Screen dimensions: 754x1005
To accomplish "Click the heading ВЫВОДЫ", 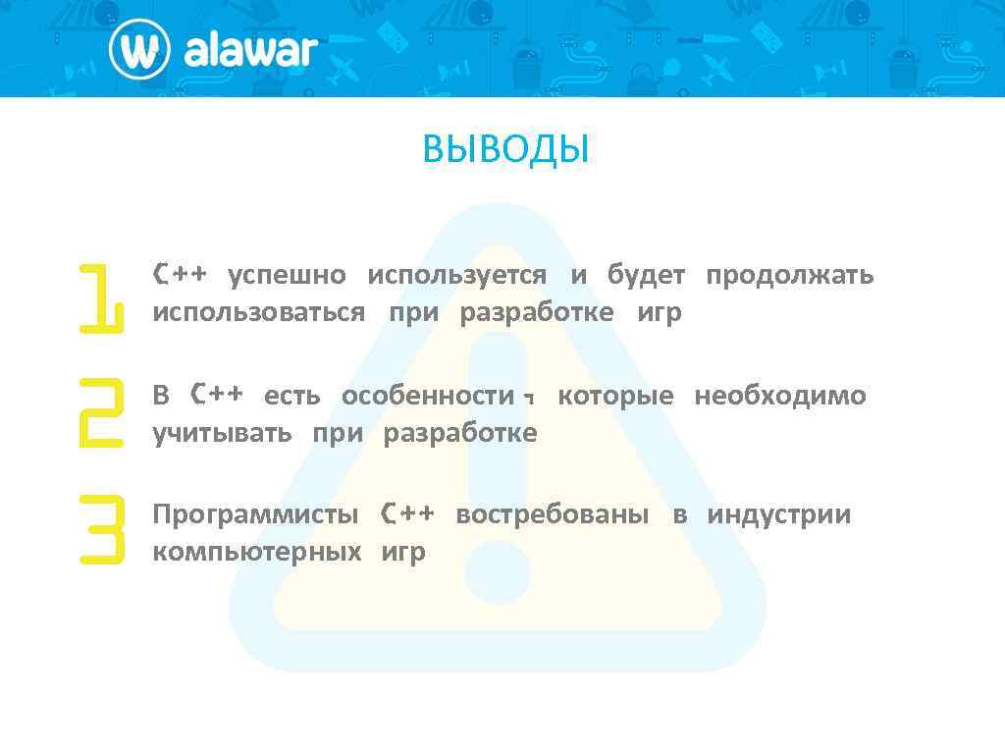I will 505,150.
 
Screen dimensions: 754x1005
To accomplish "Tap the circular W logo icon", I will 140,49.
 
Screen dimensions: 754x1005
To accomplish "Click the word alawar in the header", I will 250,49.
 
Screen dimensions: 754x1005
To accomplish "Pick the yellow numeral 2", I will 100,412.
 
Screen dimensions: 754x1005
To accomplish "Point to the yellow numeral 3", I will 102,529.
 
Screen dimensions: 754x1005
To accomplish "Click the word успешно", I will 287,276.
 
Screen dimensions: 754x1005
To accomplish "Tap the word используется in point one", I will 456,276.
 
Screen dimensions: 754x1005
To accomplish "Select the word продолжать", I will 789,276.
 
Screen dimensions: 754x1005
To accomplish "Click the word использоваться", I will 258,313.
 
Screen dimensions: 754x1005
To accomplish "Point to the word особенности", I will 428,396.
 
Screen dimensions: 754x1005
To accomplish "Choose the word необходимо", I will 779,396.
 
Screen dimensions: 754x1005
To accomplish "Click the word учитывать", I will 222,433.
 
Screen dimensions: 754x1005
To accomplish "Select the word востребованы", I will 552,514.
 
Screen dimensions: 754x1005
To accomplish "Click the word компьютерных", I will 256,552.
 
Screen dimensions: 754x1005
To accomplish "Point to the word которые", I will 615,396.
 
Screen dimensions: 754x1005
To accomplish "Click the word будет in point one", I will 646,276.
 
